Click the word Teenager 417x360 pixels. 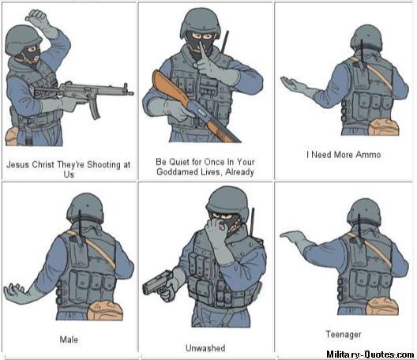[x=344, y=334]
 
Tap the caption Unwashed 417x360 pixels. [x=205, y=348]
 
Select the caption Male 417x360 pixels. [x=69, y=339]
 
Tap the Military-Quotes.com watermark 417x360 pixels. [x=370, y=354]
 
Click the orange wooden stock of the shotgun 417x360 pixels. [x=169, y=88]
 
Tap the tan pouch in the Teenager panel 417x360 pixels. [x=382, y=306]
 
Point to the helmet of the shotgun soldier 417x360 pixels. [x=201, y=22]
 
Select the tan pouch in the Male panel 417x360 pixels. [x=105, y=310]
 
